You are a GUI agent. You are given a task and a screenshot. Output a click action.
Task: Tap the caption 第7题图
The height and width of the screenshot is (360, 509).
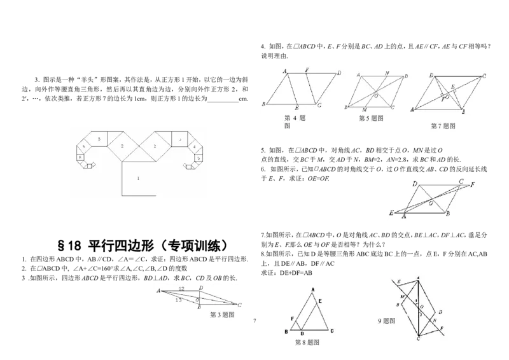point(443,126)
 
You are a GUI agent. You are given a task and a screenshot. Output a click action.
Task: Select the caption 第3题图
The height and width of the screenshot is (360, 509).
point(223,315)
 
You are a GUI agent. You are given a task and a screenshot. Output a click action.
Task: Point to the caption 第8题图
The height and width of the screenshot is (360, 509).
point(307,342)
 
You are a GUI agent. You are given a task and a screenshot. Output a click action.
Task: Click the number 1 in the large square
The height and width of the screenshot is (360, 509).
point(138,179)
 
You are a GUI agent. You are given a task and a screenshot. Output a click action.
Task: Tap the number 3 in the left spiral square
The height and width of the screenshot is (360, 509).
point(99,138)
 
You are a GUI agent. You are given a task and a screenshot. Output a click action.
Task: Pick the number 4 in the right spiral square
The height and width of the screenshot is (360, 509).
point(194,147)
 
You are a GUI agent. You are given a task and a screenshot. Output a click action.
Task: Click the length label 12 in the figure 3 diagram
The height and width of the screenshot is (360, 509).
point(181,289)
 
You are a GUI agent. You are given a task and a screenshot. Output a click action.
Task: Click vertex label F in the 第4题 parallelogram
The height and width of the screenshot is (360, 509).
point(307,69)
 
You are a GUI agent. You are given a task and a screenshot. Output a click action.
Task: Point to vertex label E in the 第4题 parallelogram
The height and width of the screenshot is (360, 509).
point(296,109)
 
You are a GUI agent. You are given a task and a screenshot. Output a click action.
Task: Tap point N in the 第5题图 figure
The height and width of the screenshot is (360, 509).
point(386,73)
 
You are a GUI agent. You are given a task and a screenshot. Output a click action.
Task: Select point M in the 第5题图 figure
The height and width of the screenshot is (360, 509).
point(364,110)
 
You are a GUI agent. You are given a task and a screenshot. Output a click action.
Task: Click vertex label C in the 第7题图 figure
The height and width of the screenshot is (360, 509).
point(484,76)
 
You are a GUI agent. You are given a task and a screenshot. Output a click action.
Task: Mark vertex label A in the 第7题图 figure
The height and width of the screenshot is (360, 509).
point(413,110)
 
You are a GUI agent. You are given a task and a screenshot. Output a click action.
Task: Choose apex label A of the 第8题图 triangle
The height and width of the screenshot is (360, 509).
point(312,290)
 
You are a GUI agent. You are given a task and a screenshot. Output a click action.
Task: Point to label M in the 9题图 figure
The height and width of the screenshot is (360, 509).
point(402,297)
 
